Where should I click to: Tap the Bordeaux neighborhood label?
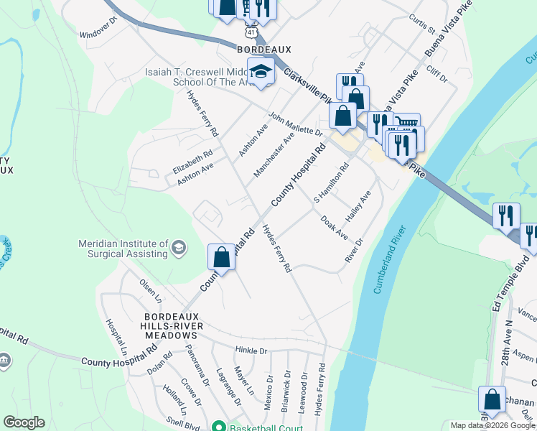pos(263,48)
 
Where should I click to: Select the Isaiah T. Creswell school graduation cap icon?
pos(260,71)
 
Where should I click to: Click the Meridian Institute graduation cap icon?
pos(179,249)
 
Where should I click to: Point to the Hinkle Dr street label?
pos(251,351)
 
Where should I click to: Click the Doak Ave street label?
pos(335,228)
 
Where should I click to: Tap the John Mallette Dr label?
pos(296,124)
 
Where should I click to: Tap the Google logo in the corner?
pos(24,422)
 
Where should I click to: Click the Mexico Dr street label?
pos(270,389)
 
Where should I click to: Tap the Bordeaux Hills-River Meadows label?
pos(170,326)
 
